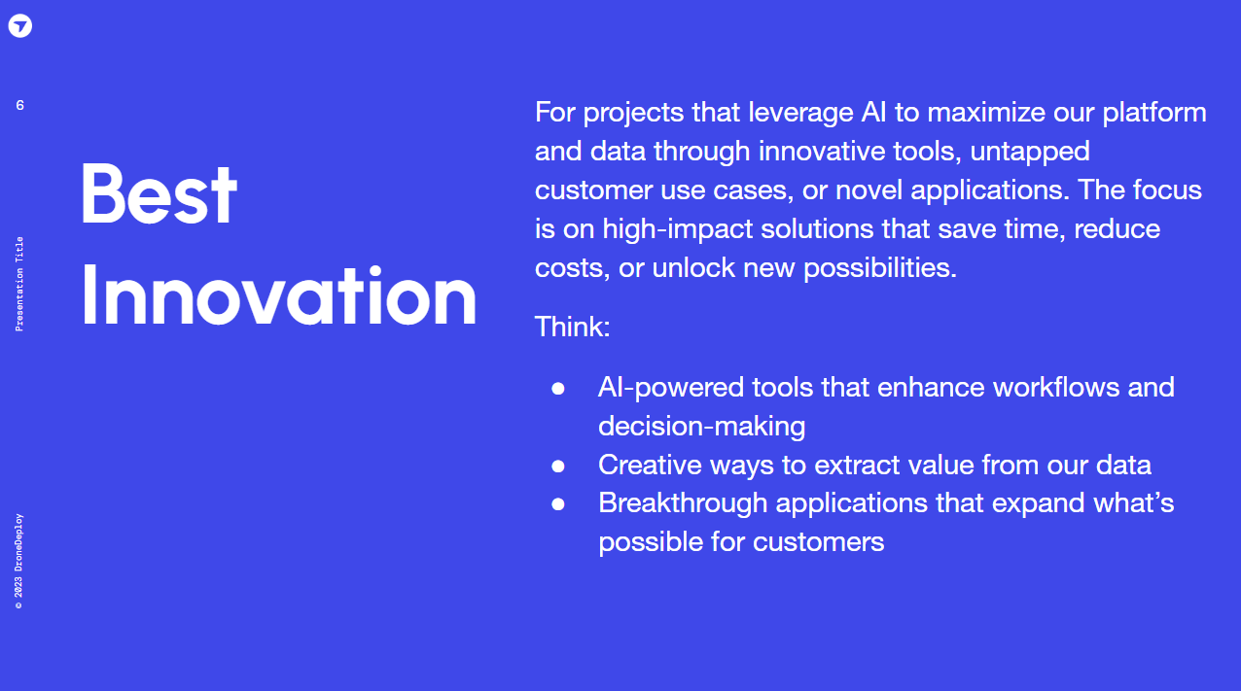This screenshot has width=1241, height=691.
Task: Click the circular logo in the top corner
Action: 20,25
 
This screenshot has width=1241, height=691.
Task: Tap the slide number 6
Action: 20,105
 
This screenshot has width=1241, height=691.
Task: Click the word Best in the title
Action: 160,193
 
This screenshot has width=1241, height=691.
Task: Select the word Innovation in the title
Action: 279,295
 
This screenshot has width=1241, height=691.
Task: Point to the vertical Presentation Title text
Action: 19,284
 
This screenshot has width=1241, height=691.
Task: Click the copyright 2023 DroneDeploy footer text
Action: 19,562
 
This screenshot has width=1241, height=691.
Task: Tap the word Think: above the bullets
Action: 572,327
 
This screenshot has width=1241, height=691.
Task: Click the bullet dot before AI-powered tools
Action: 558,388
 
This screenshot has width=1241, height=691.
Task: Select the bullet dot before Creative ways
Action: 558,466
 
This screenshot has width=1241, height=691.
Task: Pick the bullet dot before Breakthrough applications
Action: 558,503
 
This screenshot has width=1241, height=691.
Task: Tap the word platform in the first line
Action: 1154,113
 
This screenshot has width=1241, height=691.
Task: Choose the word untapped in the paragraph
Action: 1030,152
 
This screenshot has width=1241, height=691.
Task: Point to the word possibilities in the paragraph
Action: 880,268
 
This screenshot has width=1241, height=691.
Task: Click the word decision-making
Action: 702,427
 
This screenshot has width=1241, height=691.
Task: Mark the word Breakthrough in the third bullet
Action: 683,503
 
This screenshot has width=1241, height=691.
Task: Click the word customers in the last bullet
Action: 818,542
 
